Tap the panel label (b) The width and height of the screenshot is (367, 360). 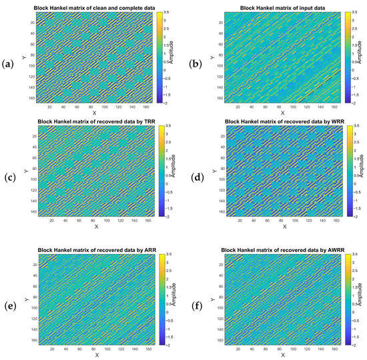click(193, 64)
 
